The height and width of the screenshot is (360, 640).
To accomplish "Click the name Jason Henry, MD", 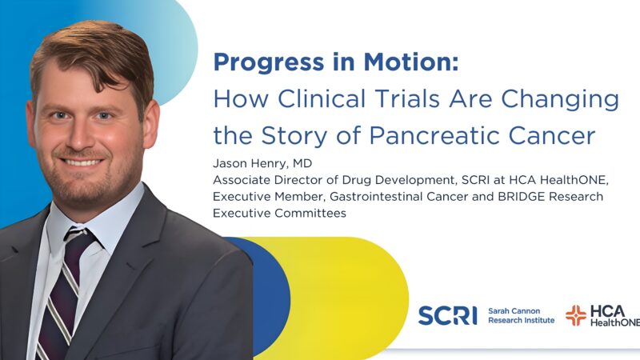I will (259, 164).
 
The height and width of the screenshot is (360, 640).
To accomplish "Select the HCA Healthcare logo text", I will (615, 315).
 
